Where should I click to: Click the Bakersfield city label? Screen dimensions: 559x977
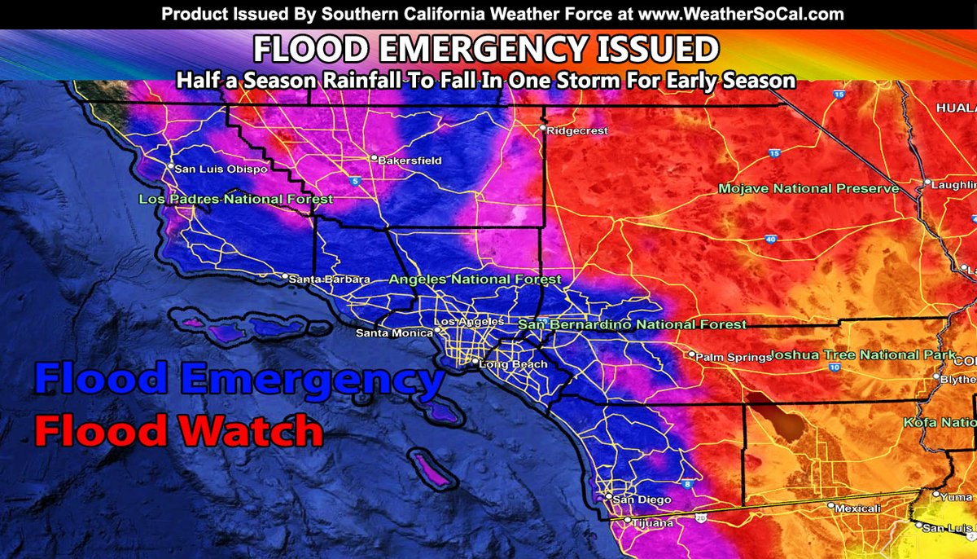pyautogui.click(x=410, y=161)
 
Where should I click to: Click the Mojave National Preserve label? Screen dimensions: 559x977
pyautogui.click(x=808, y=189)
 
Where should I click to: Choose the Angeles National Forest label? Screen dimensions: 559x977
pyautogui.click(x=475, y=279)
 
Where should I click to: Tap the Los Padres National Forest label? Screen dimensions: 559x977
pyautogui.click(x=235, y=200)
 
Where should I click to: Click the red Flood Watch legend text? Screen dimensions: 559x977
pyautogui.click(x=177, y=430)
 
